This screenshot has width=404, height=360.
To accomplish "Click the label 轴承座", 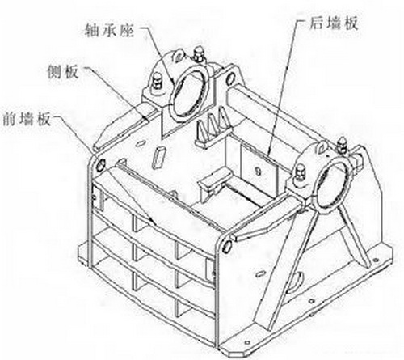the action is tap(109, 31).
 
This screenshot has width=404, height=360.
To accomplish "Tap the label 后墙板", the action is tap(334, 23).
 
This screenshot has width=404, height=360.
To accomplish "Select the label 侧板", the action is tap(63, 72).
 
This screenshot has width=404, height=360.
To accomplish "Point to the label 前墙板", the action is tap(27, 119).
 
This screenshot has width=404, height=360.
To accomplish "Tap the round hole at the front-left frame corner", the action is tap(101, 164).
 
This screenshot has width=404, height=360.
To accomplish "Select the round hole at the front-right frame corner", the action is tap(227, 246).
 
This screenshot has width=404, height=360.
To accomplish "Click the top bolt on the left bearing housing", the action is tap(199, 55).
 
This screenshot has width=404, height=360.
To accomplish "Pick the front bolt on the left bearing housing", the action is tap(158, 83).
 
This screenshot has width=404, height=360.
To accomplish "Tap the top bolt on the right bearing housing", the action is tap(343, 146).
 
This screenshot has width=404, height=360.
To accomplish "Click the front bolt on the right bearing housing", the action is tap(301, 176).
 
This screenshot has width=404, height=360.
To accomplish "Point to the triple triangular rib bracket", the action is tap(213, 127).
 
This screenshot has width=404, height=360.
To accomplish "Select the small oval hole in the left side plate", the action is tap(141, 143).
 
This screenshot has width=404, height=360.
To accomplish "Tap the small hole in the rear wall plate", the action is tap(258, 171).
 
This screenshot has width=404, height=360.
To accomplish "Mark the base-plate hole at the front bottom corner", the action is tap(248, 342).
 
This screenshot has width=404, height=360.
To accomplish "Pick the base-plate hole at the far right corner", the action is tap(376, 260).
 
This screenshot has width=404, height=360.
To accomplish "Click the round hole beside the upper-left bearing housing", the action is tap(230, 78).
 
